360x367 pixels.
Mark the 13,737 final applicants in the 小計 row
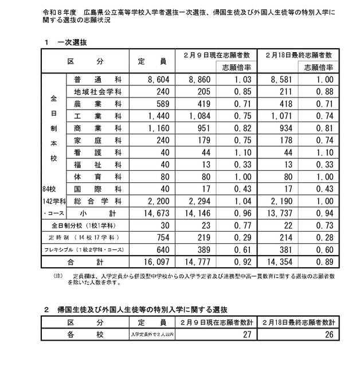pyautogui.click(x=279, y=213)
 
